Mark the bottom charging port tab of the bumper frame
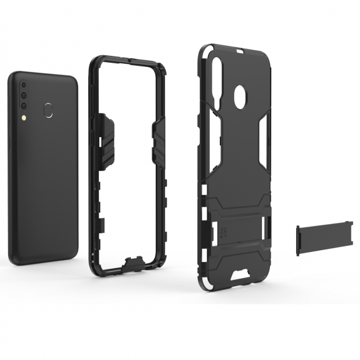coord(132,265)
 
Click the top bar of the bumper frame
coord(127,62)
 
